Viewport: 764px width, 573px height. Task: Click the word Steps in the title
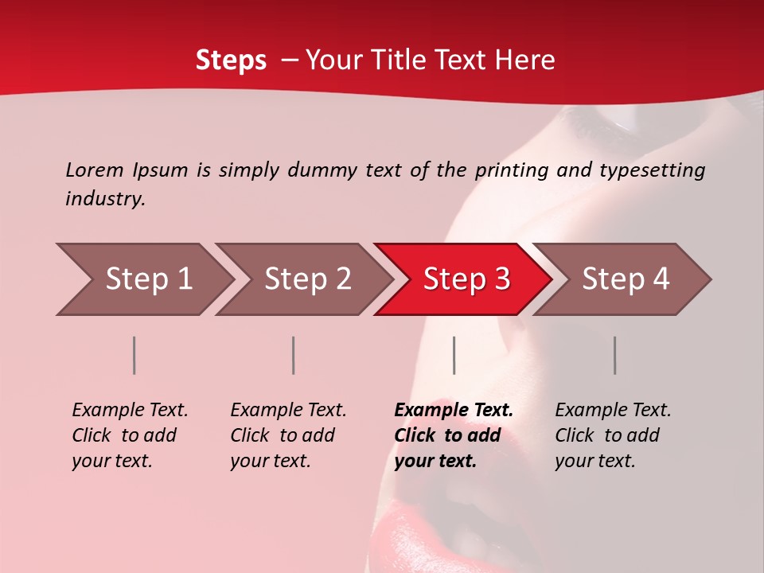point(231,60)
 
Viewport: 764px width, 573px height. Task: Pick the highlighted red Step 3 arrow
point(465,279)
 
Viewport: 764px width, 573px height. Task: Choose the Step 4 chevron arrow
point(624,279)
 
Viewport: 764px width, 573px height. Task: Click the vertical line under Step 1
point(134,355)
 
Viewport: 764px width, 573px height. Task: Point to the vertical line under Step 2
point(294,355)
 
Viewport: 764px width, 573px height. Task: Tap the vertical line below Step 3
point(454,355)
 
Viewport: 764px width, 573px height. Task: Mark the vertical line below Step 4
point(614,355)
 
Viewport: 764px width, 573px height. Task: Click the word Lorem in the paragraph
point(95,170)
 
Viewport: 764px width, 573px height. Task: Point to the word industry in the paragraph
point(105,199)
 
